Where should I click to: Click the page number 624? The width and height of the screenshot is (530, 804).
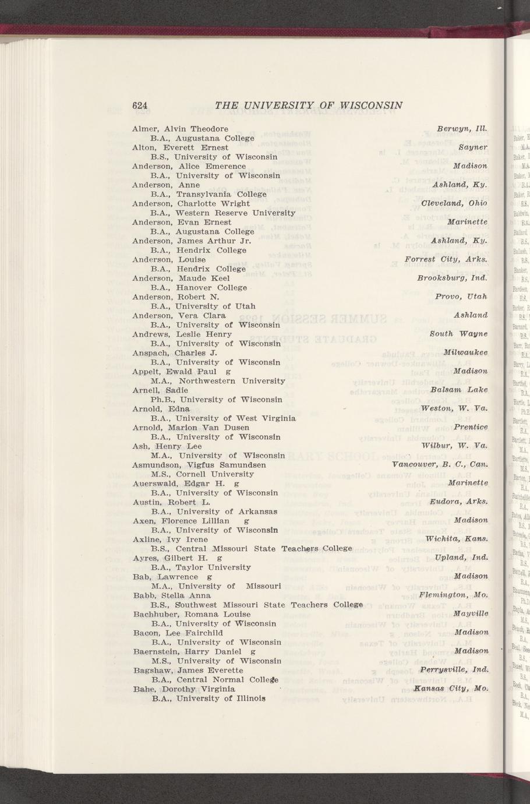(x=140, y=105)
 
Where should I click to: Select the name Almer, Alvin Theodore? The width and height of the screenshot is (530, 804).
(x=180, y=129)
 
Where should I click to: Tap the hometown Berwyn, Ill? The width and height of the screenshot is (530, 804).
(x=462, y=128)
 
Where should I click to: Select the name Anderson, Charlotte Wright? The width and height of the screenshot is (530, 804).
(x=191, y=203)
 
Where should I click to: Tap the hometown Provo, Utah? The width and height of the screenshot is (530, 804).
(x=461, y=297)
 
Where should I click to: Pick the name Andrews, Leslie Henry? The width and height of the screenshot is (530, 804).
(x=182, y=334)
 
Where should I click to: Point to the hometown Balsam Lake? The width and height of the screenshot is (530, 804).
(x=459, y=390)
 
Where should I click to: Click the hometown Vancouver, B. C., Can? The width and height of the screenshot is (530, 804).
(x=440, y=464)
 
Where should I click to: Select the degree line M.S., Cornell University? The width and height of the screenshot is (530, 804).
(x=202, y=474)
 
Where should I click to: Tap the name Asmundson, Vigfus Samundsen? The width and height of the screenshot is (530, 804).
(x=199, y=465)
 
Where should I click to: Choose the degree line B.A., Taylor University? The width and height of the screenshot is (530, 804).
(x=200, y=567)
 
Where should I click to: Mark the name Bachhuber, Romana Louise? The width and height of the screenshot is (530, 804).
(x=192, y=614)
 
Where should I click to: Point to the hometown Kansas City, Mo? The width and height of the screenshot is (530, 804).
(x=450, y=688)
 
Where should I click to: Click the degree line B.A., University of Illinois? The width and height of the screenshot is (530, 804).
(x=209, y=698)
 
